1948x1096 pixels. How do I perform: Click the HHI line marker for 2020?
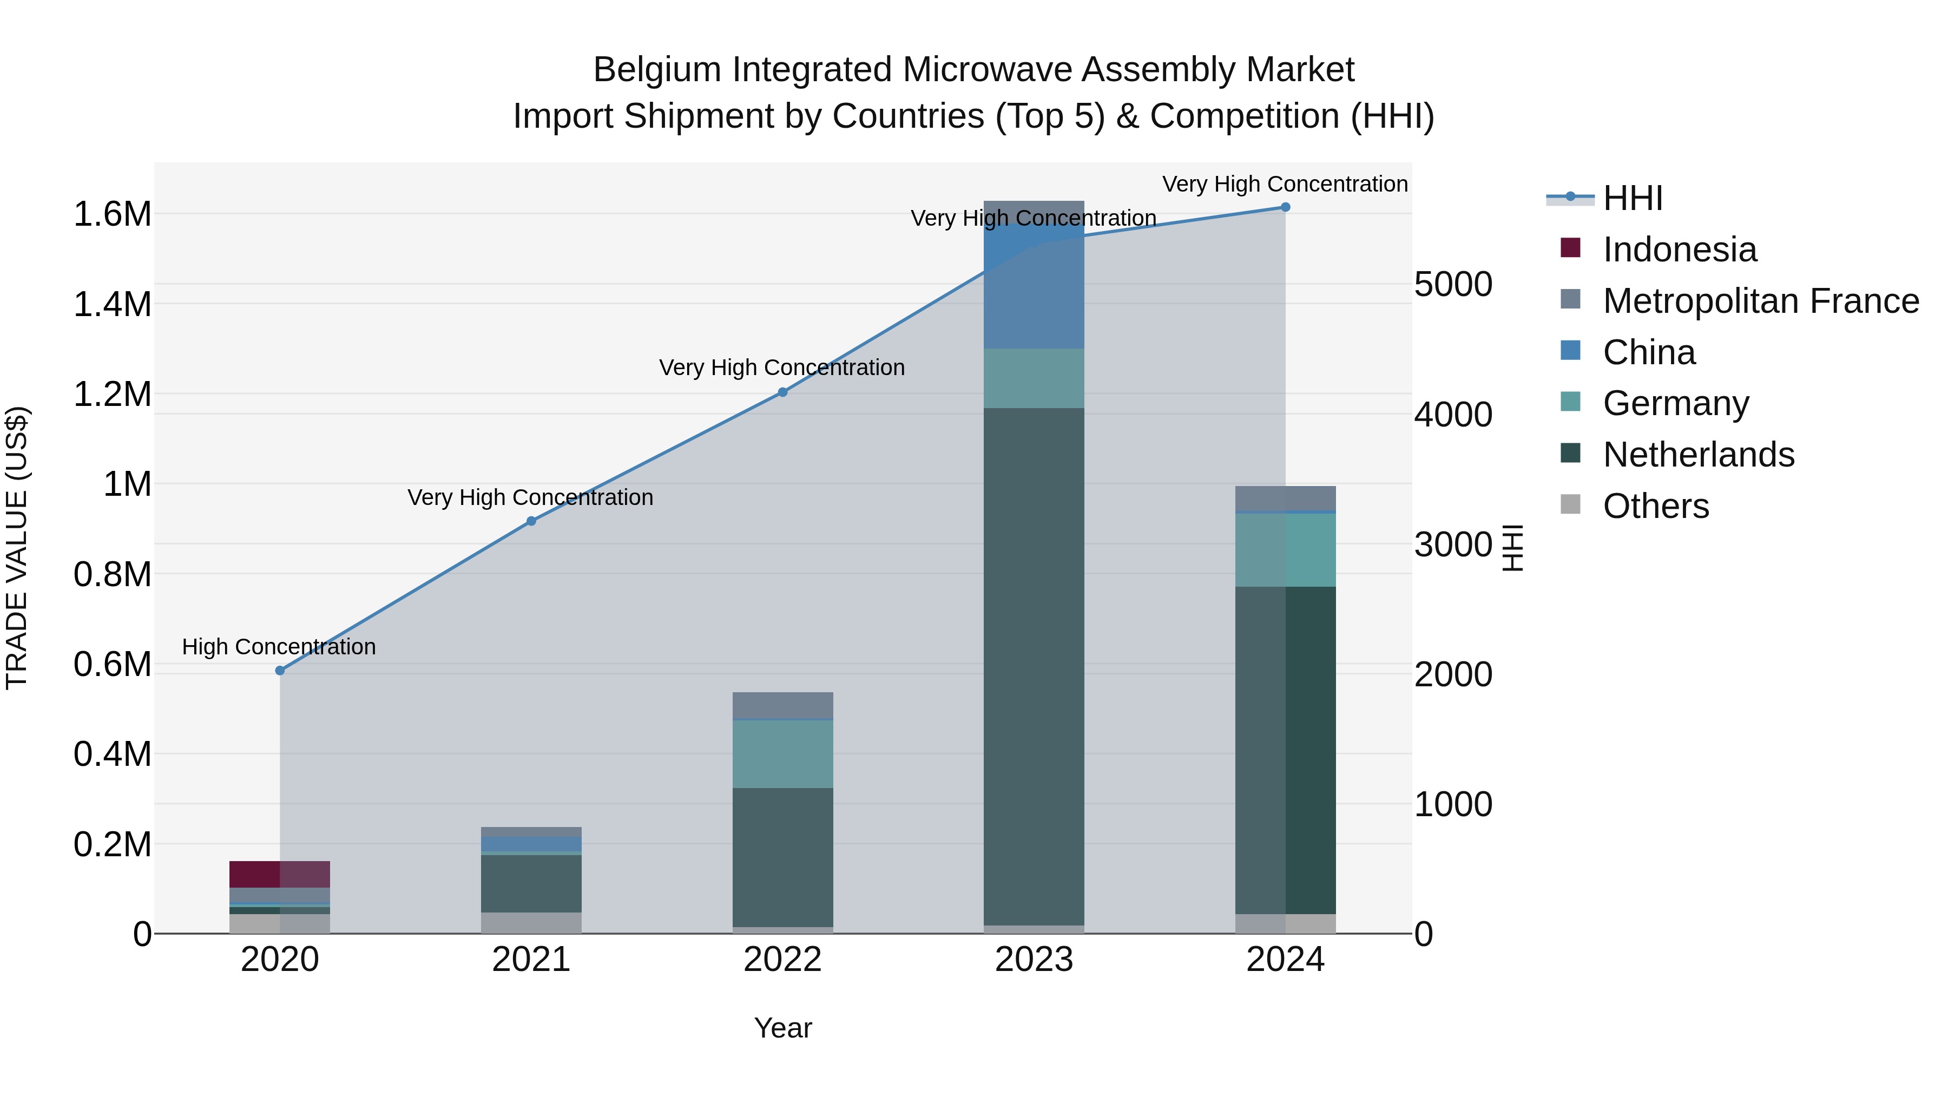click(x=280, y=670)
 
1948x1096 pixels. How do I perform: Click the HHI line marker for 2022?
click(x=782, y=392)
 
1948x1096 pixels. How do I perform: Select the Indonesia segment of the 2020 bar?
click(x=279, y=874)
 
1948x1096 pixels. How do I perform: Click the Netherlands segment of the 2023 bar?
click(x=1034, y=666)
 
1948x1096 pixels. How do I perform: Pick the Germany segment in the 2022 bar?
click(x=782, y=753)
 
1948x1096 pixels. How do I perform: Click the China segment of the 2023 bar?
click(x=1034, y=287)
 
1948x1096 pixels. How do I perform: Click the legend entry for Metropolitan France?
click(x=1760, y=301)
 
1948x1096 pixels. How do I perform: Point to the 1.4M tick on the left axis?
click(x=112, y=304)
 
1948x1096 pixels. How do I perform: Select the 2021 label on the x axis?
click(x=531, y=960)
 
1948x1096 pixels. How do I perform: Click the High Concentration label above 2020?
click(x=279, y=647)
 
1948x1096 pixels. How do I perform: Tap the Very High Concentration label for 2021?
click(x=530, y=497)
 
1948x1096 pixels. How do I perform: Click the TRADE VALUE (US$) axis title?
click(x=17, y=548)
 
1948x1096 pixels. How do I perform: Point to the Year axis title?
click(x=782, y=1028)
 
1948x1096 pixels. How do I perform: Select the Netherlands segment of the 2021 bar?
click(x=531, y=883)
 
